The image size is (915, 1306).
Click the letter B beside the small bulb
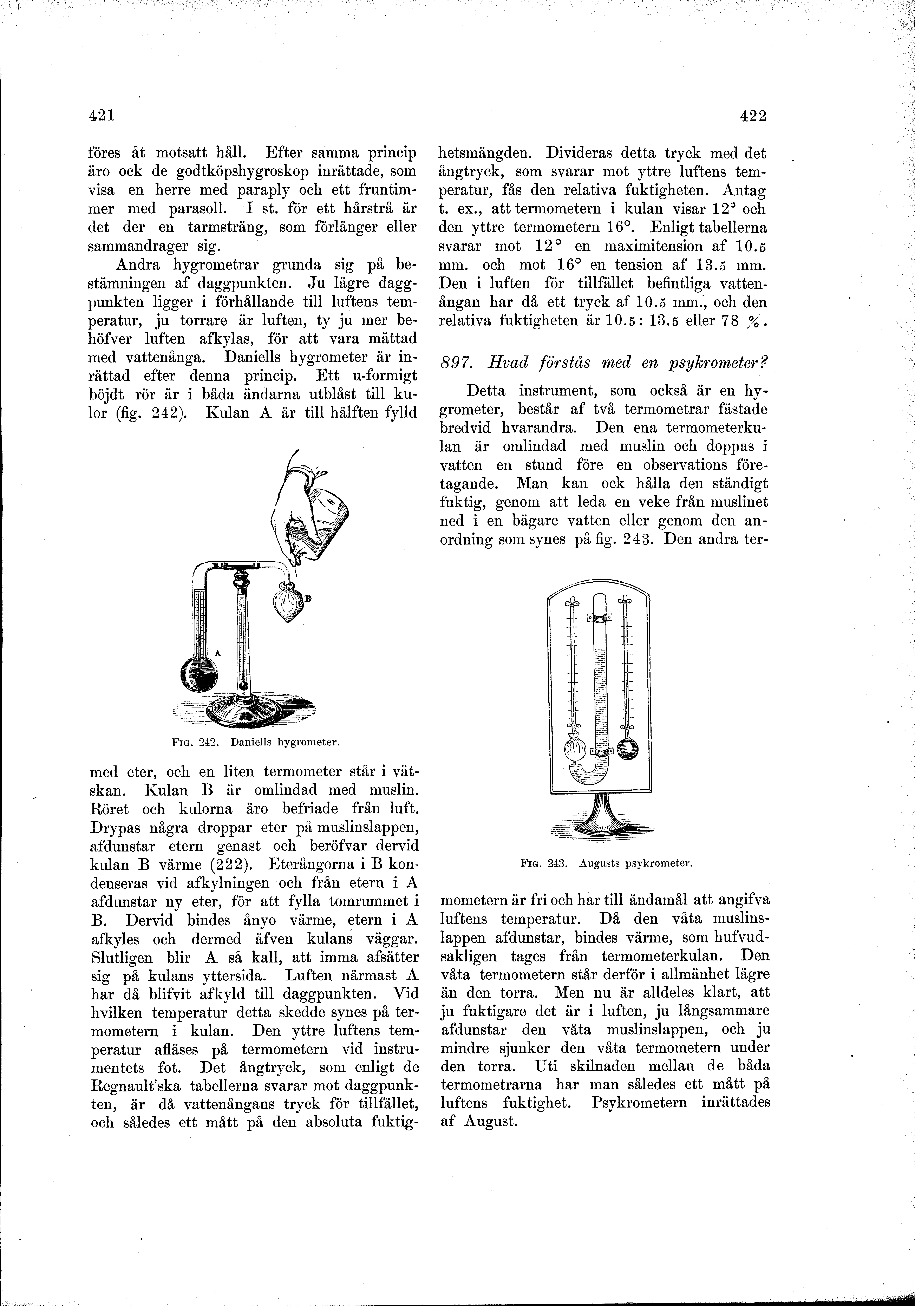coord(308,598)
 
